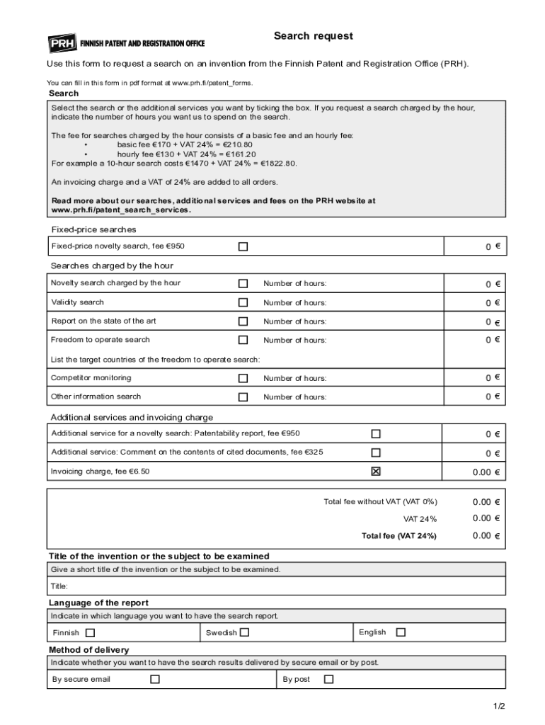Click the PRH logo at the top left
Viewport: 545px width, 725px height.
[62, 43]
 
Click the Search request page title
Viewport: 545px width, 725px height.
[313, 36]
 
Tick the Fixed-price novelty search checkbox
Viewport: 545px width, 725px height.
[243, 246]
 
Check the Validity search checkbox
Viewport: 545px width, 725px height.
[243, 302]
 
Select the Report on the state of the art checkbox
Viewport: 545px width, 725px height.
[243, 321]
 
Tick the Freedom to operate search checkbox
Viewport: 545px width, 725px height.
[243, 340]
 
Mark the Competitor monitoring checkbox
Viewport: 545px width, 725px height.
[243, 378]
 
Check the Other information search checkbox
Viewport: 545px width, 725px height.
[243, 397]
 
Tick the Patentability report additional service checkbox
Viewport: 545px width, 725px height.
[376, 433]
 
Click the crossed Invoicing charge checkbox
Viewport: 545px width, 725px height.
[376, 472]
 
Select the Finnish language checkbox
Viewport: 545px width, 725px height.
[90, 633]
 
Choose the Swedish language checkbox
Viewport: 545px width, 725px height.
[244, 632]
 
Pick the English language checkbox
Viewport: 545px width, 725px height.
[401, 632]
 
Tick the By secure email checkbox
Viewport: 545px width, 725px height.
[155, 680]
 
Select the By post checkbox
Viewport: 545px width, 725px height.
[328, 680]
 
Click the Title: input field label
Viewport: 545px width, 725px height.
[59, 586]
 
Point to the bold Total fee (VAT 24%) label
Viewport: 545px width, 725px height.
[398, 536]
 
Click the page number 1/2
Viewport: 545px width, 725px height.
[499, 707]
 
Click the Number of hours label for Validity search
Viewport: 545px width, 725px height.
[294, 303]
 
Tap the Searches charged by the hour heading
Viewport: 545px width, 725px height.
[112, 266]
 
